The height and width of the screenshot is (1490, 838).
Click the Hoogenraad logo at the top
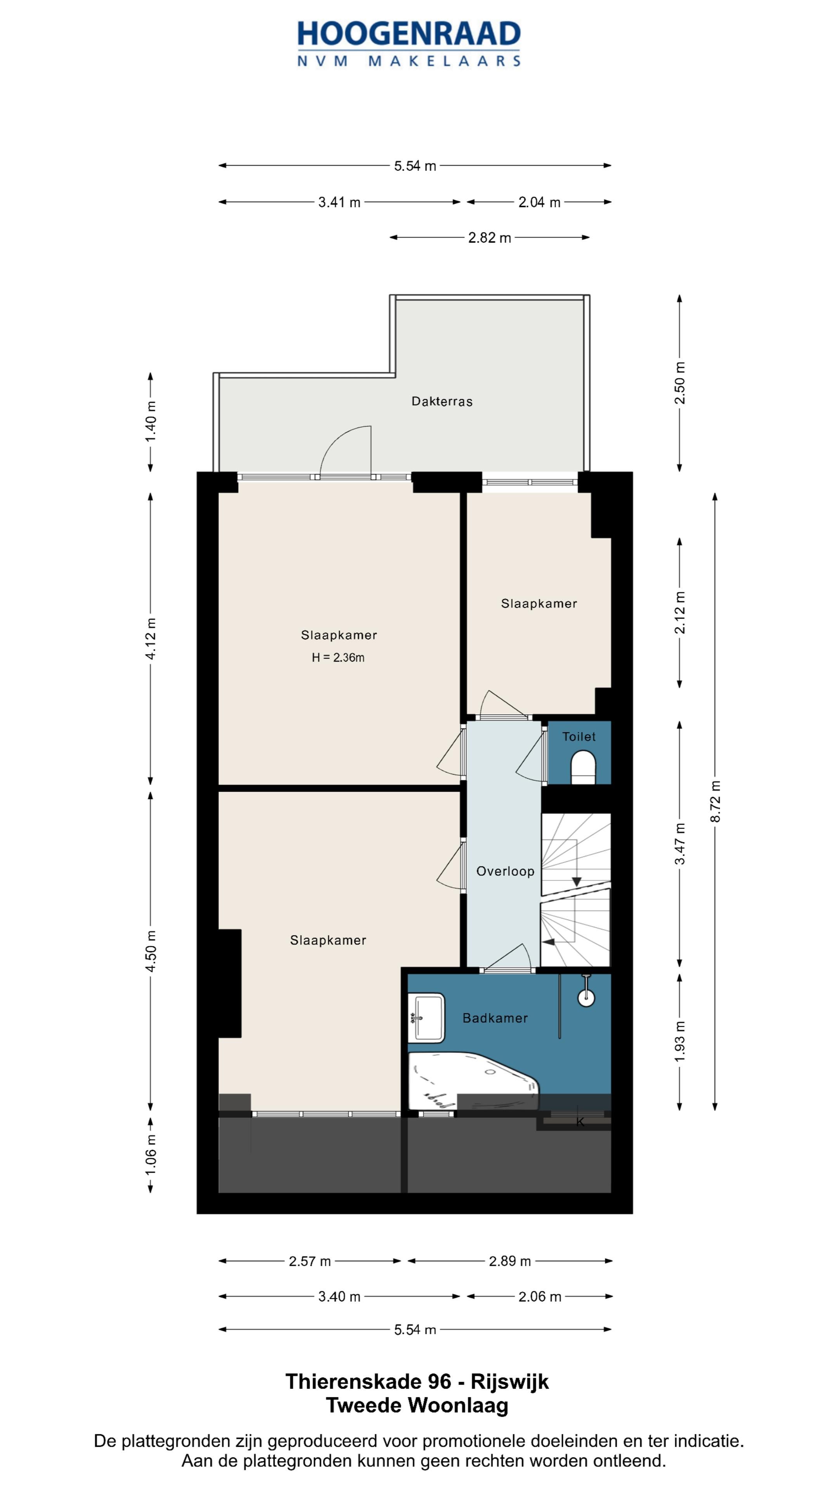(409, 44)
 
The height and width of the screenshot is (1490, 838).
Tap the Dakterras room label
(442, 402)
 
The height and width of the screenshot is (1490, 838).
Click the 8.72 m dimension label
(715, 801)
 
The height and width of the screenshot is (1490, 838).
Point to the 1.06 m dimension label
(151, 1154)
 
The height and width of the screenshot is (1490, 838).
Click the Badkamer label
(495, 1018)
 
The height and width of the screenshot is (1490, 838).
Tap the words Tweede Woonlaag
(417, 1405)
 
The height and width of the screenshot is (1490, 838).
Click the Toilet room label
(579, 736)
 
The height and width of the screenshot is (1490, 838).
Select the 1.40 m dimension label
(151, 422)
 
